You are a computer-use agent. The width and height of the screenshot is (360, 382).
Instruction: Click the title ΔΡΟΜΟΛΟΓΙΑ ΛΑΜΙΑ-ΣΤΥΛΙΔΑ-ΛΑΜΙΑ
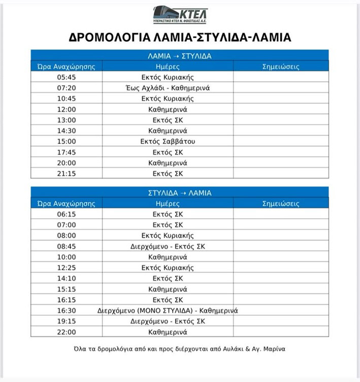pyautogui.click(x=180, y=38)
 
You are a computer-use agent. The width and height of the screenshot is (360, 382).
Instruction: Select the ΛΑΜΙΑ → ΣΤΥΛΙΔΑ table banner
pyautogui.click(x=179, y=55)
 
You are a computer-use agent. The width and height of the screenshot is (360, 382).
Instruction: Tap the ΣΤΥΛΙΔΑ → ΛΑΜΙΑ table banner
pyautogui.click(x=179, y=193)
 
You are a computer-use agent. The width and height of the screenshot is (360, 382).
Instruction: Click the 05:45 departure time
pyautogui.click(x=67, y=77)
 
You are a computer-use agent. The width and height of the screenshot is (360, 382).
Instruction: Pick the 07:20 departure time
pyautogui.click(x=67, y=88)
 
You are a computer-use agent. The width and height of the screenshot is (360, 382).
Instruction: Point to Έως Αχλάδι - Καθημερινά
pyautogui.click(x=168, y=88)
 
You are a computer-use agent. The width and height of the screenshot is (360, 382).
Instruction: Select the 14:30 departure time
pyautogui.click(x=67, y=130)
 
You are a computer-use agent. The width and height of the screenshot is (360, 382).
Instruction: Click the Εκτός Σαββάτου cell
pyautogui.click(x=168, y=141)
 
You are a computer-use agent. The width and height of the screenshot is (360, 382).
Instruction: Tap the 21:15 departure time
pyautogui.click(x=67, y=173)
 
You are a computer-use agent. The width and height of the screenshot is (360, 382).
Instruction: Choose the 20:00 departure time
pyautogui.click(x=67, y=162)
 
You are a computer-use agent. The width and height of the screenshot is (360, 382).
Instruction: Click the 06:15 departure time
pyautogui.click(x=67, y=214)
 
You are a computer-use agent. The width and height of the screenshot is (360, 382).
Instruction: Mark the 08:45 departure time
pyautogui.click(x=67, y=246)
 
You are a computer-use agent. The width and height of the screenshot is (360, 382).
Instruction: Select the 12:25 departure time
pyautogui.click(x=67, y=267)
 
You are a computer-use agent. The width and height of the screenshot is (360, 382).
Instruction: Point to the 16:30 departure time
pyautogui.click(x=67, y=310)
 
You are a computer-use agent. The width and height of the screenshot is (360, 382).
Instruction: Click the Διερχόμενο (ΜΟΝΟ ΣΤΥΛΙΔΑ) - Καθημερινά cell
pyautogui.click(x=168, y=310)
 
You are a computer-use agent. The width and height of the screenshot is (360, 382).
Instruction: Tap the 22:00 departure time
pyautogui.click(x=67, y=332)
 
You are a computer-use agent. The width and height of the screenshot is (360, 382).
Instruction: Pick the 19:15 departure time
pyautogui.click(x=67, y=321)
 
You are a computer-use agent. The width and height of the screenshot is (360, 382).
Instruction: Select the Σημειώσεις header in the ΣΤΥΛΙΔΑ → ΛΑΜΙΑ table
pyautogui.click(x=281, y=203)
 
